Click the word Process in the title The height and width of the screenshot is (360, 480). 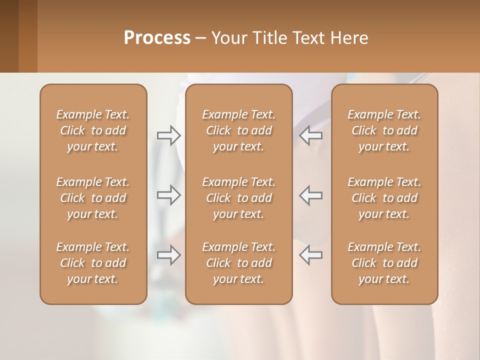[157, 38]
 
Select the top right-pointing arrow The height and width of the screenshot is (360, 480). [168, 134]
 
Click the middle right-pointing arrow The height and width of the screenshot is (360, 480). [168, 195]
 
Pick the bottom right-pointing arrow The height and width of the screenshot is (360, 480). [168, 255]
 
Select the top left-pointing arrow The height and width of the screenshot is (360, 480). [311, 134]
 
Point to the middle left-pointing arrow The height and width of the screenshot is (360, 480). [311, 195]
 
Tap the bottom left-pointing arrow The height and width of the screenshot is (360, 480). [311, 255]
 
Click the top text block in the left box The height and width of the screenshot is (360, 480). [93, 130]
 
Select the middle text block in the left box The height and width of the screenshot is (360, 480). [93, 198]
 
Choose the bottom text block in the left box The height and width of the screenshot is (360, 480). [93, 263]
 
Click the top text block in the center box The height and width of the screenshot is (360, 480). [239, 130]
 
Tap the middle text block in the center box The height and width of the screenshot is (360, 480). [239, 198]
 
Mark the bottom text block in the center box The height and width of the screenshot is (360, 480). [239, 263]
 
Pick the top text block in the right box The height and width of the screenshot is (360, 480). [384, 130]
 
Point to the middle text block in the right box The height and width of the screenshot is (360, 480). [384, 198]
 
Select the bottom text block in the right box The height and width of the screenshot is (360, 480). [384, 263]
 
